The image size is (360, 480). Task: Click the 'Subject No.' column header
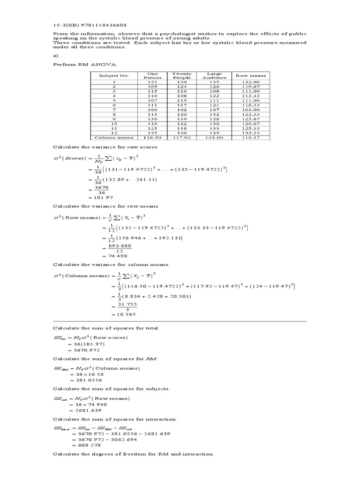(x=114, y=75)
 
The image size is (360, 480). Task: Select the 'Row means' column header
(x=250, y=75)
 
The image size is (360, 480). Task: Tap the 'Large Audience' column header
(x=214, y=75)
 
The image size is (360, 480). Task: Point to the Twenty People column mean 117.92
(x=182, y=137)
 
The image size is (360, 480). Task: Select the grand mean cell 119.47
(x=250, y=137)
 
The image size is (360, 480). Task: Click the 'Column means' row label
(x=114, y=137)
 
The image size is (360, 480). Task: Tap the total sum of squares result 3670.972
(x=82, y=350)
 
